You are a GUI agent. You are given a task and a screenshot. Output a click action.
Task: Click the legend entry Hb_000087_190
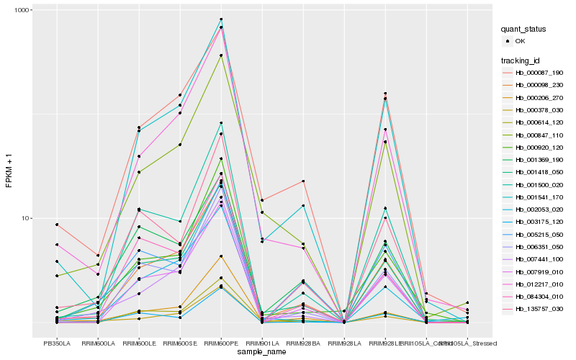[534, 73]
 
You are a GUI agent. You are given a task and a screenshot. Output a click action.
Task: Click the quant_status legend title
[525, 30]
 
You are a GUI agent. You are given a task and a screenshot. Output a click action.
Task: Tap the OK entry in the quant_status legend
[520, 41]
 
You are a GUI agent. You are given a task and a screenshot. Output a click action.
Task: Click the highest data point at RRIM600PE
[221, 19]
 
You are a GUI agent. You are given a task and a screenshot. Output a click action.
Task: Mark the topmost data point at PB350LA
[57, 225]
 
